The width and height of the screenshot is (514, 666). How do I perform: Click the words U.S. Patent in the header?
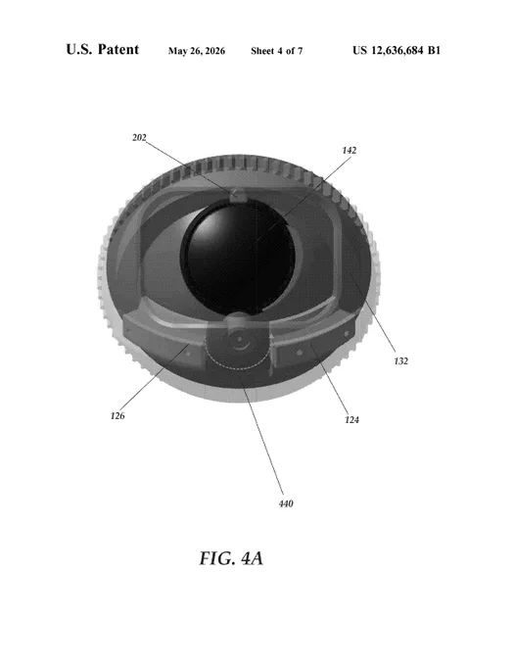pyautogui.click(x=102, y=49)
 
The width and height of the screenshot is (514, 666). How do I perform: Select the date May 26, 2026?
pyautogui.click(x=197, y=51)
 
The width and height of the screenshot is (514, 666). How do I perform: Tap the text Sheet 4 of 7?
pyautogui.click(x=277, y=51)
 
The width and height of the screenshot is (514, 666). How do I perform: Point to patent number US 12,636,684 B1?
pyautogui.click(x=397, y=50)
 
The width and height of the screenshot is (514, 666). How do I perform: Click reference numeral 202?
pyautogui.click(x=139, y=138)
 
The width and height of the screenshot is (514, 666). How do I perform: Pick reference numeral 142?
pyautogui.click(x=349, y=151)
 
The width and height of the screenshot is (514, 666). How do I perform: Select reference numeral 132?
pyautogui.click(x=400, y=361)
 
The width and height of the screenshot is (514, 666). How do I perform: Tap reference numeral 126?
pyautogui.click(x=117, y=416)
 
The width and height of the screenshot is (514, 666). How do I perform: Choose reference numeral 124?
pyautogui.click(x=351, y=419)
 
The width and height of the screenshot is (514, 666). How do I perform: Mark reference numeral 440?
pyautogui.click(x=286, y=503)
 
